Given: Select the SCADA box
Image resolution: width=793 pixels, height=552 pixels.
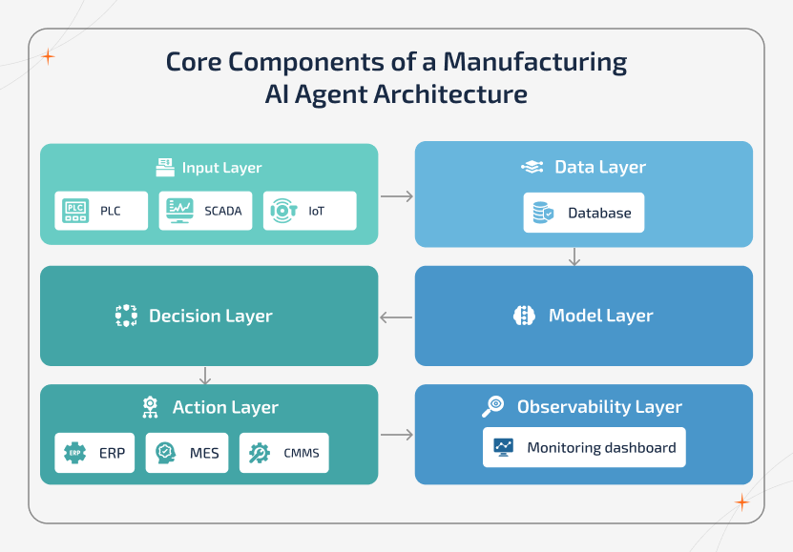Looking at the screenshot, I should [206, 211].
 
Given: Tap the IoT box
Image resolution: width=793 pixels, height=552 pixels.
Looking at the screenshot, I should [309, 211].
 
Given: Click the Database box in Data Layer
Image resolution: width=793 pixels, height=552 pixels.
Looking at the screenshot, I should [584, 213].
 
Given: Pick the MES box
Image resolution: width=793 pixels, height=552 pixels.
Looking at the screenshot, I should [188, 453].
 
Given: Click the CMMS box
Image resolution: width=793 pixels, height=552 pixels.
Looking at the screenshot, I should [283, 453].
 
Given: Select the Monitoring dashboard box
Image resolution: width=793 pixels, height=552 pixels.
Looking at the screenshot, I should [584, 446].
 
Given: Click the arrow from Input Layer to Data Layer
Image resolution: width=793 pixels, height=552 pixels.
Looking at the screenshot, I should [396, 196].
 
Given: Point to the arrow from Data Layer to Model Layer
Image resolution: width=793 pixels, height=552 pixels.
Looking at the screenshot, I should [574, 256].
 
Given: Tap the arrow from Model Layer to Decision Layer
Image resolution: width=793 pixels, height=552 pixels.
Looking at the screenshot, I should [396, 317].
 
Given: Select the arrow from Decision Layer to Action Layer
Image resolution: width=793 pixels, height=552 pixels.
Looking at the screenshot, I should [205, 375].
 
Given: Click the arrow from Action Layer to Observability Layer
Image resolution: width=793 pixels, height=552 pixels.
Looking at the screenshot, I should [396, 435].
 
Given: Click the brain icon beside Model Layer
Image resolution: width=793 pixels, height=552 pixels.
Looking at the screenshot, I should [524, 316].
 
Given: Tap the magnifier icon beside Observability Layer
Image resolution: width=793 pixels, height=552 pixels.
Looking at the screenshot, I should [493, 407].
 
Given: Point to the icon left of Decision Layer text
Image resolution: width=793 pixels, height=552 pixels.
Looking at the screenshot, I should [126, 316].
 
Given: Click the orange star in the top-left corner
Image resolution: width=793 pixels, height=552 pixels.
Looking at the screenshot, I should [48, 57].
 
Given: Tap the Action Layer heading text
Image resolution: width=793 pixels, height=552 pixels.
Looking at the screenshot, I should [225, 407].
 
